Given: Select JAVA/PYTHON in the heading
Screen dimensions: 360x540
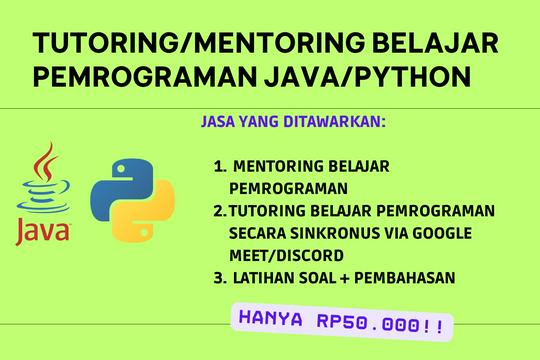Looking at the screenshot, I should coord(362,76).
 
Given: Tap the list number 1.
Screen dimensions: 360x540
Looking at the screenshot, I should coord(219,167).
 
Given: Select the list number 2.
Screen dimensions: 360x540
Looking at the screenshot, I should coord(219,210).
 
